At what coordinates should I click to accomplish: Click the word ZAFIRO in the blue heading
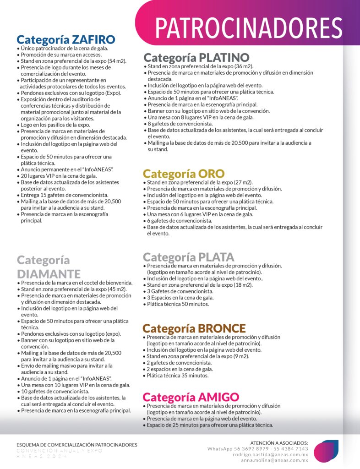click(x=93, y=39)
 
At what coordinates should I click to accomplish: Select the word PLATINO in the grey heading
click(x=224, y=58)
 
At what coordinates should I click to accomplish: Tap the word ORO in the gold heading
click(x=211, y=174)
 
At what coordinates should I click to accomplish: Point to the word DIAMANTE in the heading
click(x=49, y=274)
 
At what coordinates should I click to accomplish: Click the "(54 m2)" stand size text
click(x=116, y=61)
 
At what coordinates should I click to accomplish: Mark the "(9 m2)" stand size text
click(x=240, y=356)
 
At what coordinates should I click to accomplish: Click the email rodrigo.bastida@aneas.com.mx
click(x=270, y=455)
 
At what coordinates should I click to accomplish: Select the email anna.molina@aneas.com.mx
click(x=274, y=460)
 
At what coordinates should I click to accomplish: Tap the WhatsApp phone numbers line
click(x=257, y=449)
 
